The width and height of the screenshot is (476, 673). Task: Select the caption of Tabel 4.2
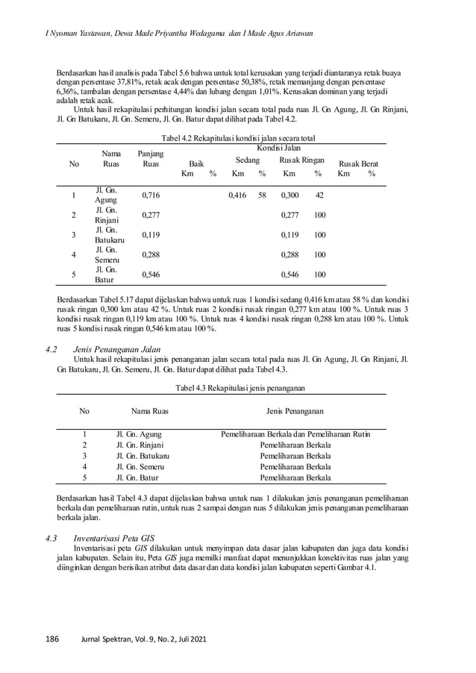pos(237,138)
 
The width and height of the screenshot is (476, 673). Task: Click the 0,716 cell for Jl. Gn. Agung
pos(151,195)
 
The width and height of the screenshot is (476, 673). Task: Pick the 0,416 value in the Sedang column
pos(237,195)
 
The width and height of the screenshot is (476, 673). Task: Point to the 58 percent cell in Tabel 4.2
pos(262,195)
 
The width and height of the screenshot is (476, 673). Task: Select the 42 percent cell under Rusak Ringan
pos(319,195)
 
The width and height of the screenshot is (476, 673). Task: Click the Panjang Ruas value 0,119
pos(151,235)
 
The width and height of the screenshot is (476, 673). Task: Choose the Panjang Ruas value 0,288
pos(151,254)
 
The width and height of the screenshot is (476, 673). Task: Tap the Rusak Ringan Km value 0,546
pos(289,275)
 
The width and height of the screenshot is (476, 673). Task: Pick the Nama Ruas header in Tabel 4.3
pos(149,410)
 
